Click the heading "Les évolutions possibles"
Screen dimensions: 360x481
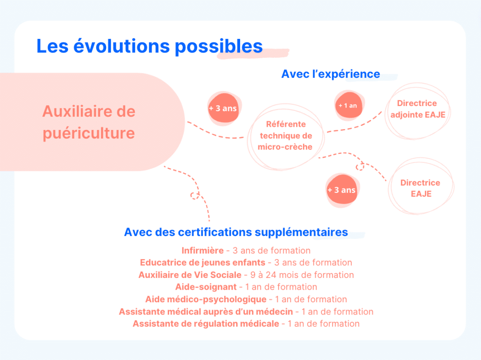point(149,46)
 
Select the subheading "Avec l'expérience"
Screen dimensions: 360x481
point(330,74)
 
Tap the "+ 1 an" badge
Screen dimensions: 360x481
point(348,106)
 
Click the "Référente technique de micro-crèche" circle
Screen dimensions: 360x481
point(286,136)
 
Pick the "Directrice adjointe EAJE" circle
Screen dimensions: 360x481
point(417,109)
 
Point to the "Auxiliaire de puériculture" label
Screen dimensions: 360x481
point(89,122)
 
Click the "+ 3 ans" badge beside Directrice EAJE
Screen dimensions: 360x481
point(341,190)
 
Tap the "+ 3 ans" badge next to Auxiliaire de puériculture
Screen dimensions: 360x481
point(223,108)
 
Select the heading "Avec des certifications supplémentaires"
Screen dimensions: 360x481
point(236,232)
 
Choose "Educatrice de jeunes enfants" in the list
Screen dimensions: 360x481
point(202,263)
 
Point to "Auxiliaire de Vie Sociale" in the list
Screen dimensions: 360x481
point(190,275)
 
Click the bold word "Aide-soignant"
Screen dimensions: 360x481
point(206,287)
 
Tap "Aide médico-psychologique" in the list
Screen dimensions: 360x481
point(206,299)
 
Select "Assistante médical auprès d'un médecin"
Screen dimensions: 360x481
point(206,312)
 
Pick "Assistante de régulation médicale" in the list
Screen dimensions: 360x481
point(206,324)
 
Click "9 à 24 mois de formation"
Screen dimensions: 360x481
point(302,275)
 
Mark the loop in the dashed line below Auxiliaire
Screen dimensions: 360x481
point(194,195)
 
